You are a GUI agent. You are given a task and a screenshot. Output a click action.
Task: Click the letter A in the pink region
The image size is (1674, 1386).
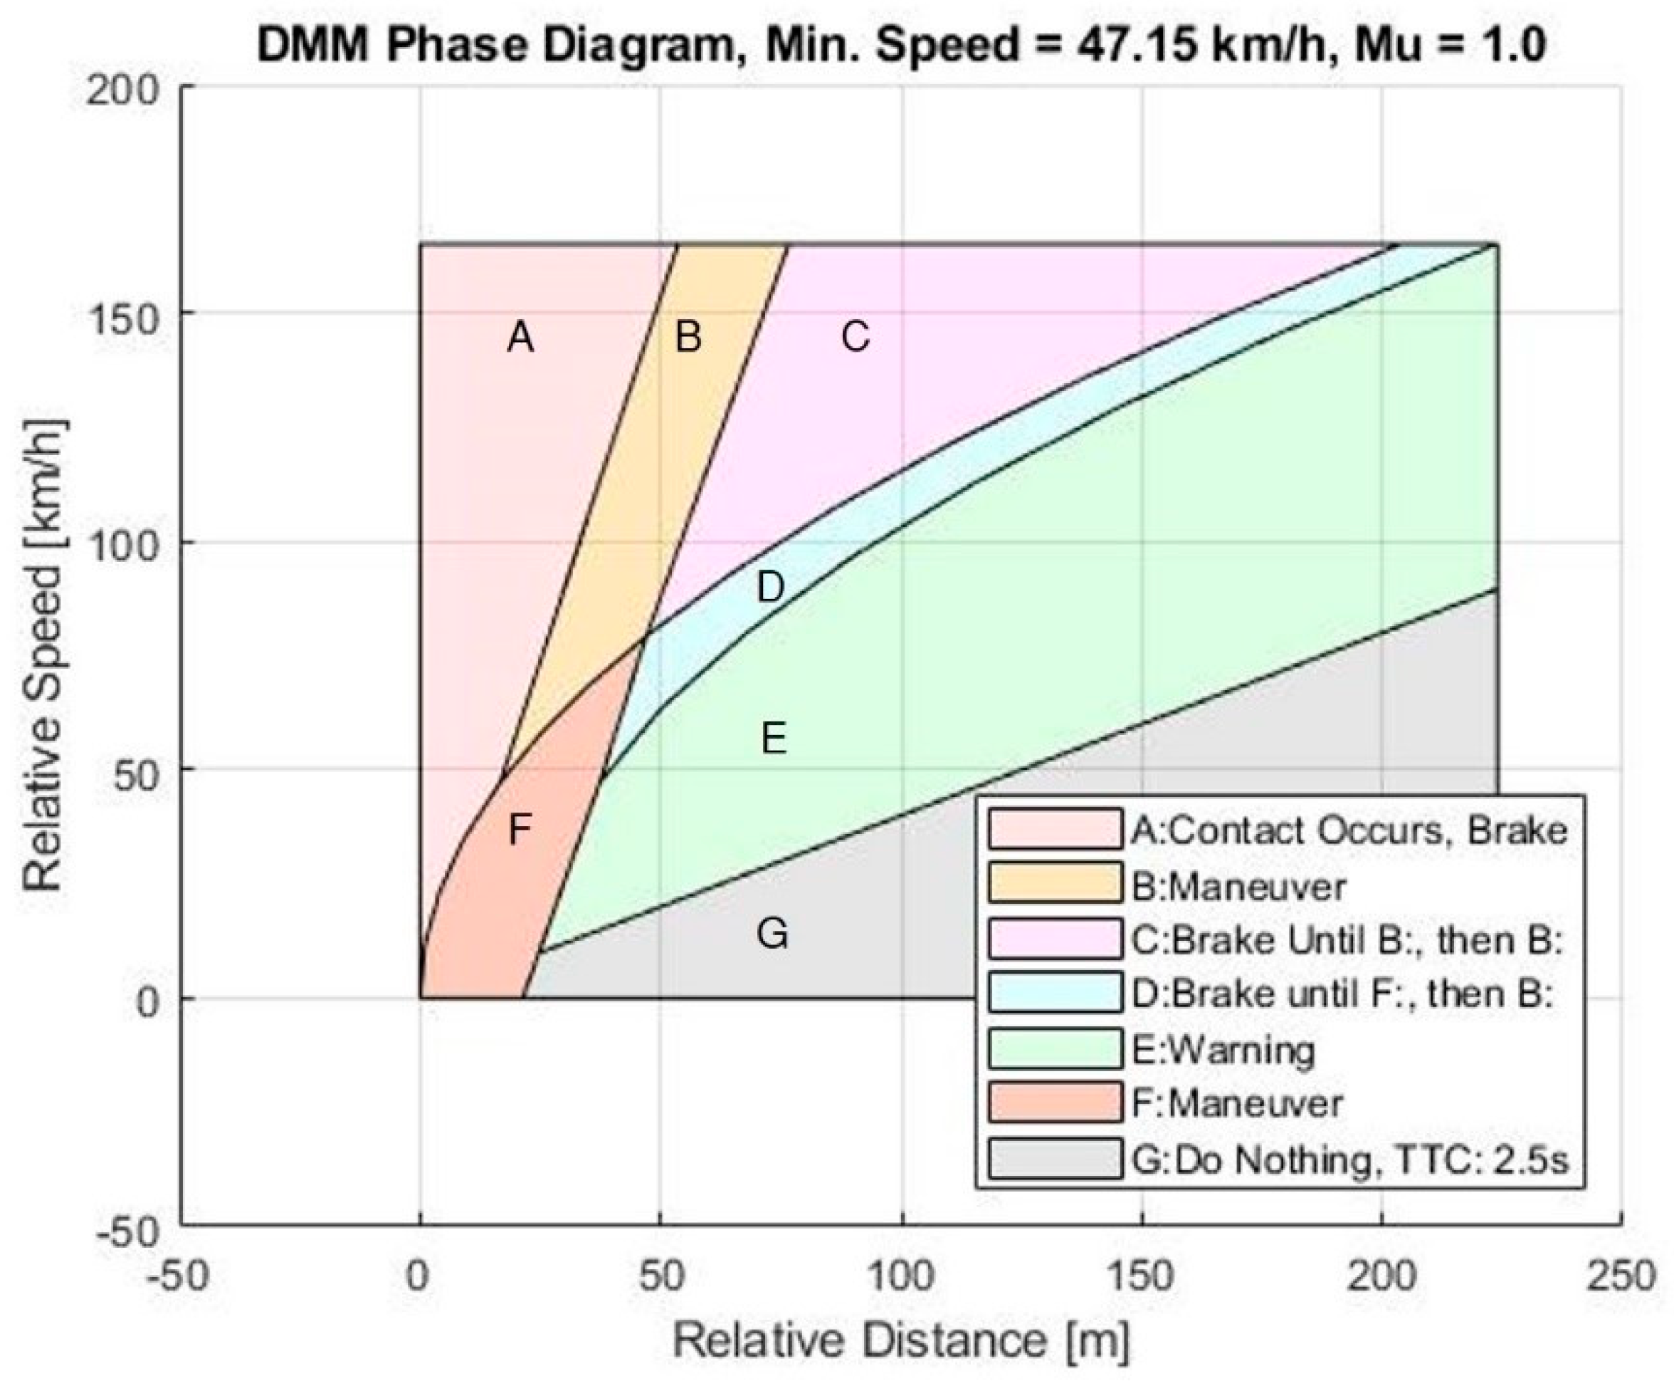coord(520,338)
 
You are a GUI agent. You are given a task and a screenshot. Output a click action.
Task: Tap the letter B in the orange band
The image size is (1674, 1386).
coord(688,337)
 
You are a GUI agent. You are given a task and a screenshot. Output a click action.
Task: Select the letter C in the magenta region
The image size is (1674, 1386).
coord(856,337)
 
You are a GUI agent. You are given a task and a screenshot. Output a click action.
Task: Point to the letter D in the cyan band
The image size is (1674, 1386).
coord(770,588)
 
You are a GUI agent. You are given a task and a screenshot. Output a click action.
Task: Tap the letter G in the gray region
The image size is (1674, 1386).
coord(772,933)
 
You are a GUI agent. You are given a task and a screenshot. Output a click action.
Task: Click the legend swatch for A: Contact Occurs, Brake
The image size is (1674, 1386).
coord(1054,829)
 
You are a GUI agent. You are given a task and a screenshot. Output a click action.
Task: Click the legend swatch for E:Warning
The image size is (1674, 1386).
coord(1054,1048)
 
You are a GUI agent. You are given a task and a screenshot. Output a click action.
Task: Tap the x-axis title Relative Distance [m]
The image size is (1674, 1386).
coord(901,1340)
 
